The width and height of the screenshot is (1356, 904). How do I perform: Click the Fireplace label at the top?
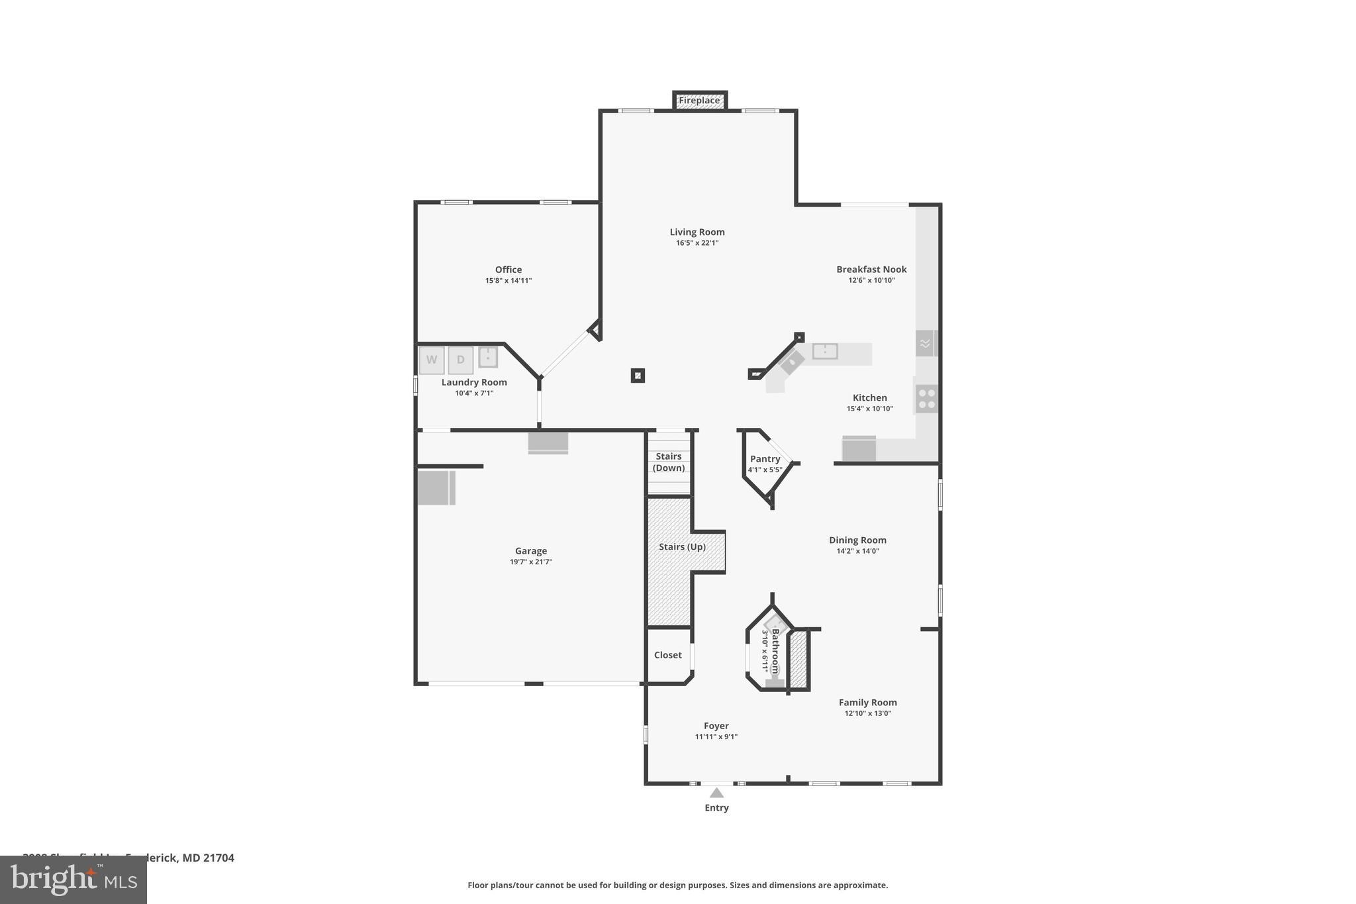coord(699,101)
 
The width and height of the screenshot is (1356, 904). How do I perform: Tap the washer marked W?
coord(432,360)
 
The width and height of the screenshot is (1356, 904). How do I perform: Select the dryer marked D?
coord(461,360)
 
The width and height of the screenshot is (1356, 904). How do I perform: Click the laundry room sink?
coord(488,357)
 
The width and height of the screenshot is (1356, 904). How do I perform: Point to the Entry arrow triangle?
coord(716,793)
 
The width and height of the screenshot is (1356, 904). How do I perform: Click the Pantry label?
coord(765,459)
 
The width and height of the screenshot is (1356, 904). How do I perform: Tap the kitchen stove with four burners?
coord(927,399)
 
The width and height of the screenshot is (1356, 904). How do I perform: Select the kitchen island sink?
coord(825,351)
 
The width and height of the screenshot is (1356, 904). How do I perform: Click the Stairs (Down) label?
coord(669,462)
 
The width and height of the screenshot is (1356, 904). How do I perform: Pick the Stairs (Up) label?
coord(682,547)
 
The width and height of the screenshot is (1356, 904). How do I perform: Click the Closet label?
coord(667,655)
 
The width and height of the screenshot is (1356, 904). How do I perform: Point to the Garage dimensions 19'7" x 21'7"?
coord(531,562)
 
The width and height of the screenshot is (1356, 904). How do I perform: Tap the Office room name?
coord(508,270)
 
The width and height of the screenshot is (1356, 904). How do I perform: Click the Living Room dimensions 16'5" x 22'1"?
coord(697,243)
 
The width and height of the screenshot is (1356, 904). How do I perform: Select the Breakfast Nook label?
coord(871,270)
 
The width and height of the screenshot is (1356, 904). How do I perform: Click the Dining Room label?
coord(857,540)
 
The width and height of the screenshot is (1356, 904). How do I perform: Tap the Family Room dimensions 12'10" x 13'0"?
coord(867,714)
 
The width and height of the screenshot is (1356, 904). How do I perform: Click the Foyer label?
coord(716,726)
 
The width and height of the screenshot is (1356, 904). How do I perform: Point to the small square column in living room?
coord(638,376)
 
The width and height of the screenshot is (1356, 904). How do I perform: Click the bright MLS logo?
coord(73,879)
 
